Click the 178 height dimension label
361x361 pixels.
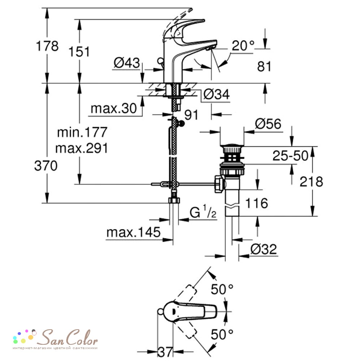[47, 46]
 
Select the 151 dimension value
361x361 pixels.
[79, 52]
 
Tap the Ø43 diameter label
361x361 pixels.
[127, 62]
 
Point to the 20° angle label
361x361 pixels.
[243, 45]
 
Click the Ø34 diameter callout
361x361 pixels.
[217, 94]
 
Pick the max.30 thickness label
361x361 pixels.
[114, 108]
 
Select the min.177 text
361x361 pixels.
[82, 132]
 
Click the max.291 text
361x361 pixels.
[82, 148]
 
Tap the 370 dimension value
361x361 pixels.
[46, 166]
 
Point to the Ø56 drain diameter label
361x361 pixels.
[268, 124]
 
